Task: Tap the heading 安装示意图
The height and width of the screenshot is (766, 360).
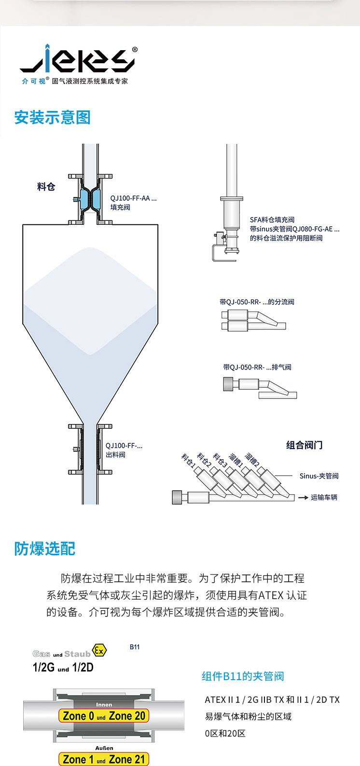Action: pyautogui.click(x=52, y=118)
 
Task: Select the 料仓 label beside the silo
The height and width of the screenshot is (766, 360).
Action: pyautogui.click(x=46, y=187)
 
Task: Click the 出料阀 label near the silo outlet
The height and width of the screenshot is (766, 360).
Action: pyautogui.click(x=116, y=454)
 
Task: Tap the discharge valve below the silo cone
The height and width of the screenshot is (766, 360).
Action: pyautogui.click(x=90, y=450)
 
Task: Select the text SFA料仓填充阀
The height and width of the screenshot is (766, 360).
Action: pyautogui.click(x=272, y=219)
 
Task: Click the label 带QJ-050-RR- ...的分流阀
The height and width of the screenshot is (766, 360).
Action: pyautogui.click(x=257, y=301)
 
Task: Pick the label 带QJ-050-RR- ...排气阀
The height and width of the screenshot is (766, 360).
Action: pyautogui.click(x=257, y=367)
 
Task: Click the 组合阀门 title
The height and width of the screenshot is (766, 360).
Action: pyautogui.click(x=304, y=445)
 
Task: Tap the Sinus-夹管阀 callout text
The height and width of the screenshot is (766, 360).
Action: pyautogui.click(x=319, y=476)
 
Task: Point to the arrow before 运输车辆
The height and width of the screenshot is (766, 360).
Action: pyautogui.click(x=303, y=497)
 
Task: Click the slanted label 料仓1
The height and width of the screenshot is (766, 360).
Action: pyautogui.click(x=188, y=460)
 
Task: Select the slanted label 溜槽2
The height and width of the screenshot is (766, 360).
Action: pyautogui.click(x=252, y=460)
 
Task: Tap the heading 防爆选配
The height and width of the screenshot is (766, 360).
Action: pyautogui.click(x=44, y=548)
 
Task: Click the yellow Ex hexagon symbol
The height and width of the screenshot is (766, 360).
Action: pyautogui.click(x=99, y=650)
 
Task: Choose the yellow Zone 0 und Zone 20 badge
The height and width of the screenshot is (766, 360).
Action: pyautogui.click(x=104, y=715)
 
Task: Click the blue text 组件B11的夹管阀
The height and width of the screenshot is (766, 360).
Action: pyautogui.click(x=243, y=676)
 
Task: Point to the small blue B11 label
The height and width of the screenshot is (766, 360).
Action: pyautogui.click(x=135, y=647)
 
